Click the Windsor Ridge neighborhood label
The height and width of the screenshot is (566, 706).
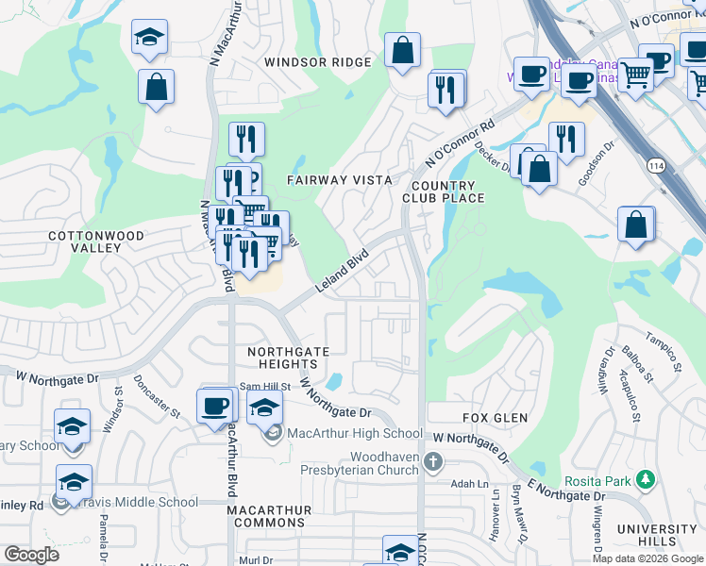pyautogui.click(x=318, y=62)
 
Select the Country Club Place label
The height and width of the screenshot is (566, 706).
pyautogui.click(x=443, y=191)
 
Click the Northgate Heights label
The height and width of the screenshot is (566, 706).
pyautogui.click(x=288, y=358)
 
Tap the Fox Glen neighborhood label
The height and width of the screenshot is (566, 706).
pyautogui.click(x=495, y=417)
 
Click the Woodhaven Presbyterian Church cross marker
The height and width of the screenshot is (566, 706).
pyautogui.click(x=433, y=461)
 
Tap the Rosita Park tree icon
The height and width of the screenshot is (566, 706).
pyautogui.click(x=646, y=480)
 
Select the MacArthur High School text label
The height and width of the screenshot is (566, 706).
pyautogui.click(x=355, y=434)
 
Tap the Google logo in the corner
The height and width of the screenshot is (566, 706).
pyautogui.click(x=30, y=555)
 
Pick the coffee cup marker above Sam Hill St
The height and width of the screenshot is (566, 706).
pyautogui.click(x=216, y=407)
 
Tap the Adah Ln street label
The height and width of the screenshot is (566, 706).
pyautogui.click(x=468, y=483)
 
